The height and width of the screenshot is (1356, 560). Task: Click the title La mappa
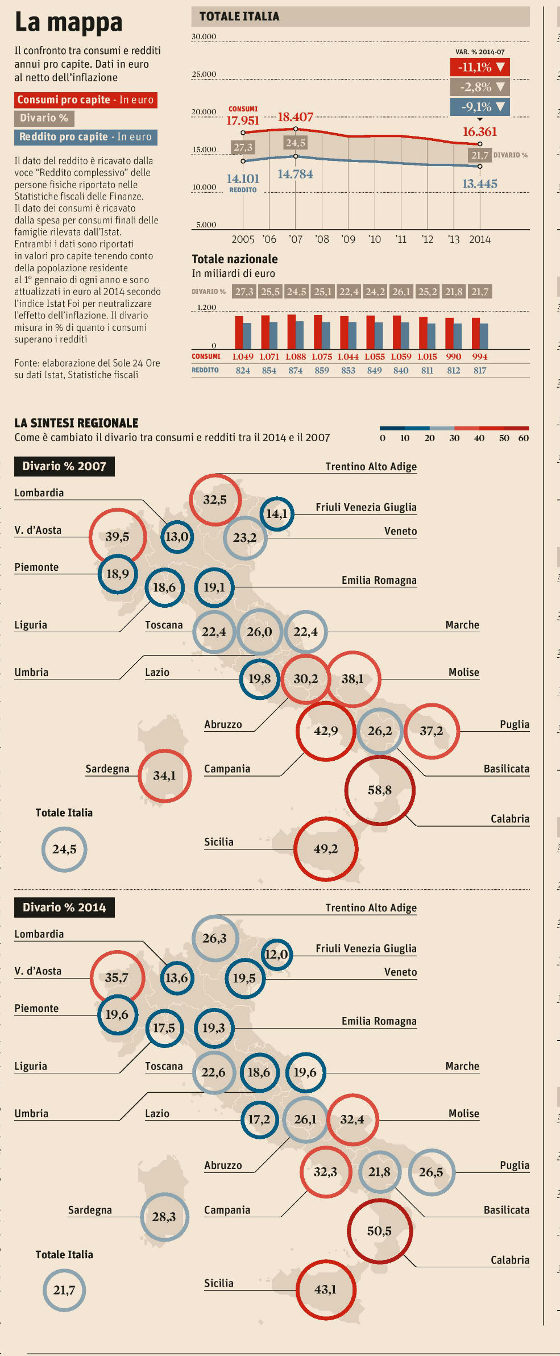click(x=68, y=23)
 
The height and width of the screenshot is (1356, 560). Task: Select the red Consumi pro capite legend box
click(x=85, y=100)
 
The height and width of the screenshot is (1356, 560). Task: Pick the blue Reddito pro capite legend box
click(x=85, y=137)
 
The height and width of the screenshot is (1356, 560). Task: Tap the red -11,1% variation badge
click(x=480, y=67)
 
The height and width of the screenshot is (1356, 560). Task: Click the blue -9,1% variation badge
click(x=480, y=107)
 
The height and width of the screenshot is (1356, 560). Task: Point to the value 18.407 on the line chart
click(x=295, y=117)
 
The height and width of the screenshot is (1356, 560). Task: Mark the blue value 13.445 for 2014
click(x=479, y=184)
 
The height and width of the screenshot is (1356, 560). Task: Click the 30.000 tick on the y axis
click(x=204, y=36)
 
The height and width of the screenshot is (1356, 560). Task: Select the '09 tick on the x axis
click(x=348, y=239)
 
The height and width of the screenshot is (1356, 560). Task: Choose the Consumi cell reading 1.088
click(x=295, y=356)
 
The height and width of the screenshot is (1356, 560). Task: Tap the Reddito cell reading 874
click(x=295, y=370)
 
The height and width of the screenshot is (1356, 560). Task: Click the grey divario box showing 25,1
click(x=322, y=292)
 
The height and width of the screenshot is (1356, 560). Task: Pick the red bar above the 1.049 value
click(x=239, y=333)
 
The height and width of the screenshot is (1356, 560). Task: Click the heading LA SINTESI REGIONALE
click(x=76, y=423)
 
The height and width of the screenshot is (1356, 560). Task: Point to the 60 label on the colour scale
click(x=523, y=438)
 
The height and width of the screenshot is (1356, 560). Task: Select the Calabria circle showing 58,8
click(x=380, y=790)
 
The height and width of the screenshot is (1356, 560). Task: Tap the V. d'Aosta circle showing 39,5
click(x=117, y=537)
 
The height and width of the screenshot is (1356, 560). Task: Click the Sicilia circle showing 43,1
click(x=325, y=1289)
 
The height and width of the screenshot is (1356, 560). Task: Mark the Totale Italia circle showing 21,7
click(x=64, y=1290)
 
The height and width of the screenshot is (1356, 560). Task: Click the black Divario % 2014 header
click(x=64, y=907)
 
